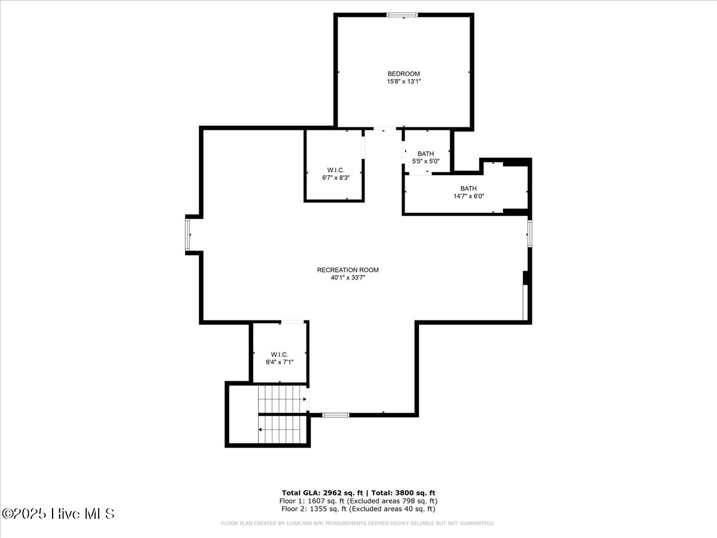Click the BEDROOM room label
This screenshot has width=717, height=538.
point(404,74)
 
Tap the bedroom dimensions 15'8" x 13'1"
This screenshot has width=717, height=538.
point(404,81)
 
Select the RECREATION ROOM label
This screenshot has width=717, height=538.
point(348,270)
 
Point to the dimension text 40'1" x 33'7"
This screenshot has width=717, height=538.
point(348,277)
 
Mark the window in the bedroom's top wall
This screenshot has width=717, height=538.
point(402,15)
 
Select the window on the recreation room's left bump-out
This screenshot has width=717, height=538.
point(188,235)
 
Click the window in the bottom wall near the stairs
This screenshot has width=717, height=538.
point(336,415)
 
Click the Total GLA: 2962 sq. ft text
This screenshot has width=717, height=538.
point(323,493)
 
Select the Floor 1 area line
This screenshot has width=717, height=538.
point(358,501)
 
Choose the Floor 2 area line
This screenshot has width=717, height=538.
point(358,509)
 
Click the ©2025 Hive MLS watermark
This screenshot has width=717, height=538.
point(58,513)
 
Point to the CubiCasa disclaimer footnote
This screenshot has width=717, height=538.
point(358,523)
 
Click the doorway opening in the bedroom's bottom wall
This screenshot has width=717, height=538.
point(384,129)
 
